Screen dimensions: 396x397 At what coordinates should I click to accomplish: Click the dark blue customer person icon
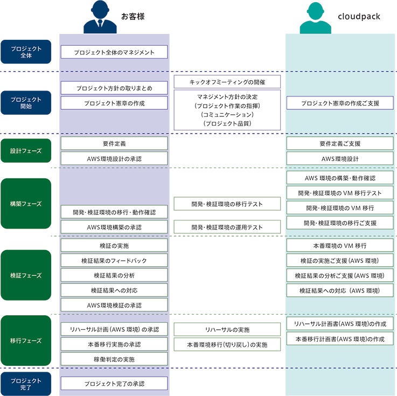pos(100,17)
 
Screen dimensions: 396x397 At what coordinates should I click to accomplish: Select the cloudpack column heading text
pos(359,17)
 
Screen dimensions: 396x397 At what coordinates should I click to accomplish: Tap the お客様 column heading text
pos(133,17)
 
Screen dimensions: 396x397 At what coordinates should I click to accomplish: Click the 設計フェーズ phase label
pos(26,151)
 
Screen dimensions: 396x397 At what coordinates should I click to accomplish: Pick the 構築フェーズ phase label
pos(26,204)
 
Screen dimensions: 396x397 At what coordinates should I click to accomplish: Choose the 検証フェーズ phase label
pos(26,275)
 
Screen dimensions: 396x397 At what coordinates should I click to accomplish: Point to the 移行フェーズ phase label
pos(26,341)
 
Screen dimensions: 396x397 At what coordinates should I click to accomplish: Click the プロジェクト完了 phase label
pos(26,384)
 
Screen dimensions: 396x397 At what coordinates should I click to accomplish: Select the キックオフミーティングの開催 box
pos(227,82)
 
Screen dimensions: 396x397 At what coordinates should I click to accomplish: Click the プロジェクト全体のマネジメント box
pos(114,52)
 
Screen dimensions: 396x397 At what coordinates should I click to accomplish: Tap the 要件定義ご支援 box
pos(340,143)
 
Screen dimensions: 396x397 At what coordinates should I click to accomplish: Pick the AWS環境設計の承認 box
pos(114,158)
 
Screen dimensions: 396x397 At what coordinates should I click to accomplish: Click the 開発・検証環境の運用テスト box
pos(227,227)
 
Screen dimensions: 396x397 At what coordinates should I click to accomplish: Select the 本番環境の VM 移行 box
pos(340,245)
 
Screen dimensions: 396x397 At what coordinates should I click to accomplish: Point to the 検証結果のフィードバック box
pos(114,260)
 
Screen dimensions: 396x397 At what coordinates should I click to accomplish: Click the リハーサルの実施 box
pos(227,329)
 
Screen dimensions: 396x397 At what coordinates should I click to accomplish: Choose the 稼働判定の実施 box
pos(114,359)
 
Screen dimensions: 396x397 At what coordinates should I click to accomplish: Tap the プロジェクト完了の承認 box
pos(114,384)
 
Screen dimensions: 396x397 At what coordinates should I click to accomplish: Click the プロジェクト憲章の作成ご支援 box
pos(340,103)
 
